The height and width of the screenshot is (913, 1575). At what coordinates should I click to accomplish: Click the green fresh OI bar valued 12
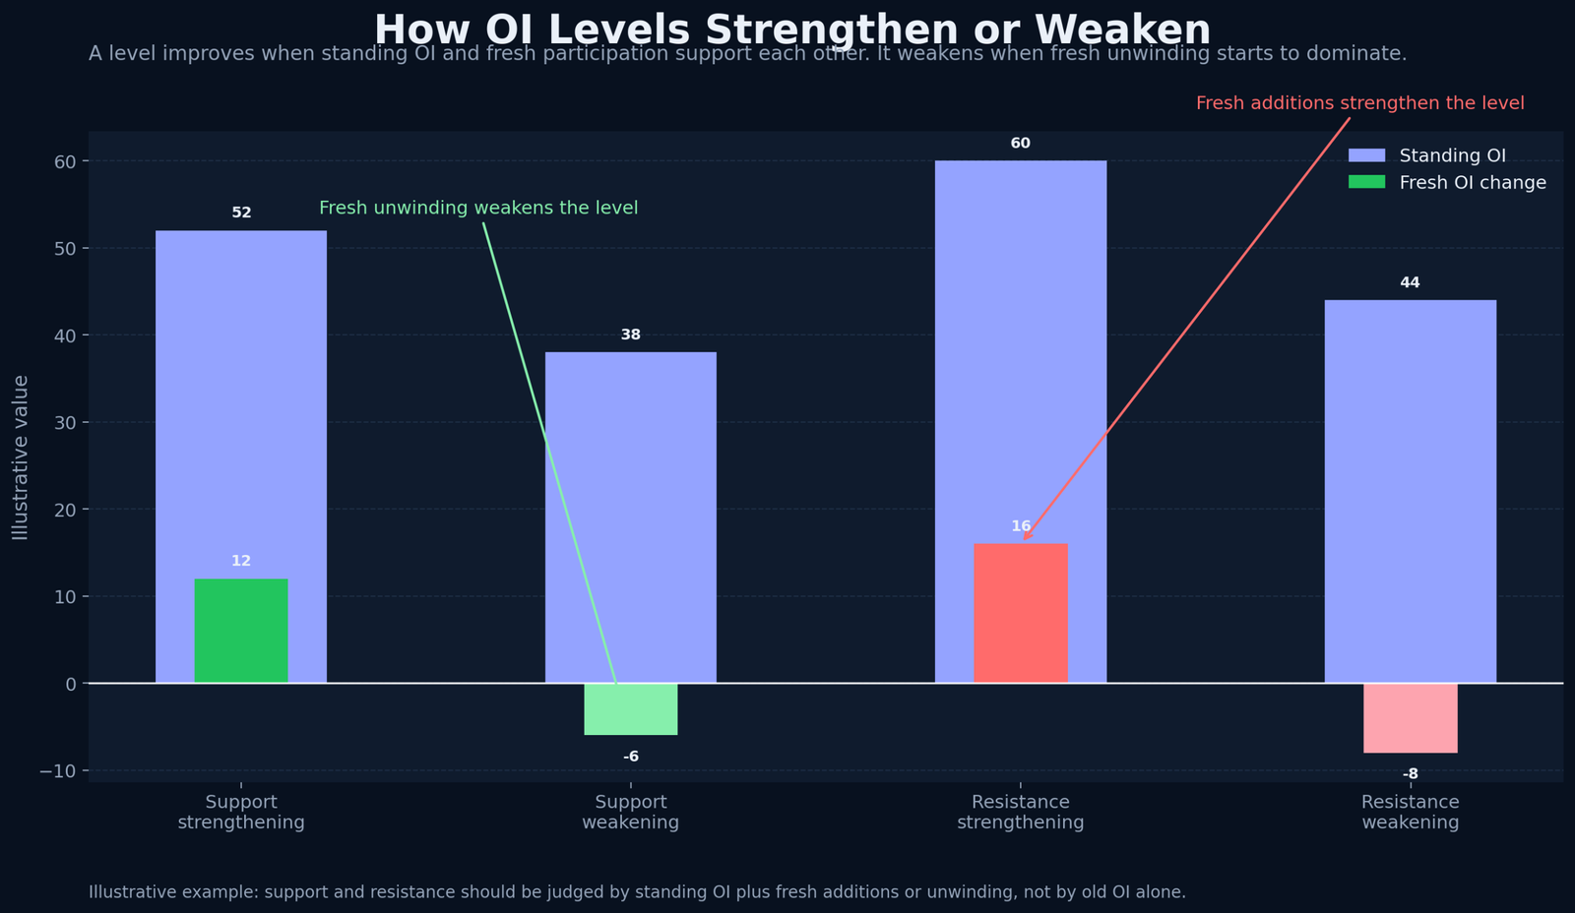241,631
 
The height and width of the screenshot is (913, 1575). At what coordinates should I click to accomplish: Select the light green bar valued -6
631,708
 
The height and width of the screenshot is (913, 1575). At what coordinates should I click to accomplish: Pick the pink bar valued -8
1410,717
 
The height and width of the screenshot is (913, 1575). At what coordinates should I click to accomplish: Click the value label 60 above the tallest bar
1021,144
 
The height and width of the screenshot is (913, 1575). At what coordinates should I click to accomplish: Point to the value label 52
241,213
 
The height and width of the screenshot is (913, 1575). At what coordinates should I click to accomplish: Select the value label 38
631,335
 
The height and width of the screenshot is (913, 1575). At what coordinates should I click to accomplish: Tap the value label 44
1410,283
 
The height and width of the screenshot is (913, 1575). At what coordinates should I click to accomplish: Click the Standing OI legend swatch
1366,155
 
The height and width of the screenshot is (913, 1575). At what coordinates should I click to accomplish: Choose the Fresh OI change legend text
1473,183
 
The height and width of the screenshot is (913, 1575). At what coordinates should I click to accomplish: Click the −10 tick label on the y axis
58,770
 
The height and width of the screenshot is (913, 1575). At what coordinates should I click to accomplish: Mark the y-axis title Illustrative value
21,456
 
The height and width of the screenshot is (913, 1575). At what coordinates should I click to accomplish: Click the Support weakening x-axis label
631,813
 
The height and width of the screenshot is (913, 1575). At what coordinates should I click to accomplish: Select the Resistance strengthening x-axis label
1021,813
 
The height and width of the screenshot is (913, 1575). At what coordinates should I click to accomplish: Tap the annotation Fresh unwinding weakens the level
478,208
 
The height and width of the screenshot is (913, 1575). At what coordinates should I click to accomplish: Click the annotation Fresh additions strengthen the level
1359,103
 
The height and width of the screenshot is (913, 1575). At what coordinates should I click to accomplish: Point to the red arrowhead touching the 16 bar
1026,537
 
